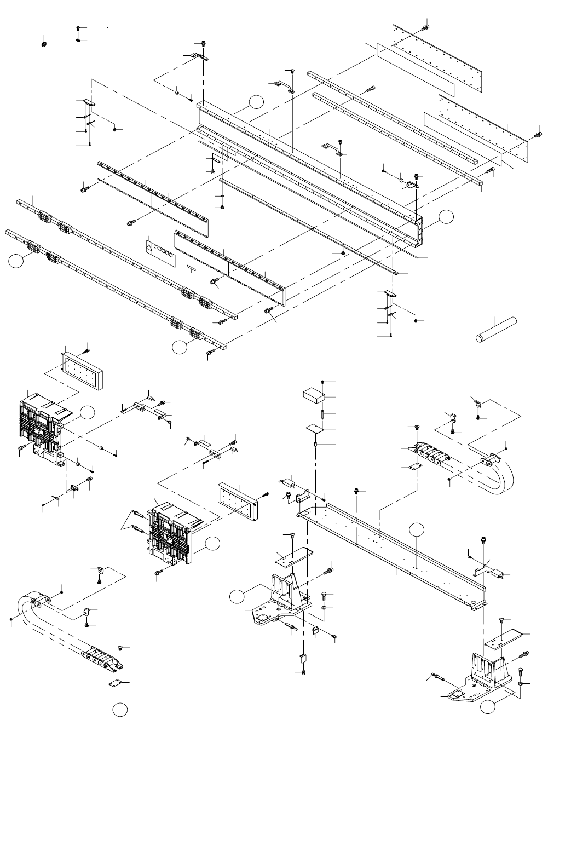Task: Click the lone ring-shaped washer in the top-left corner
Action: [43, 43]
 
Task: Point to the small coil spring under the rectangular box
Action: [323, 416]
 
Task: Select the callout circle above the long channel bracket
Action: [417, 529]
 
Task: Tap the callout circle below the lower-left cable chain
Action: [120, 710]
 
